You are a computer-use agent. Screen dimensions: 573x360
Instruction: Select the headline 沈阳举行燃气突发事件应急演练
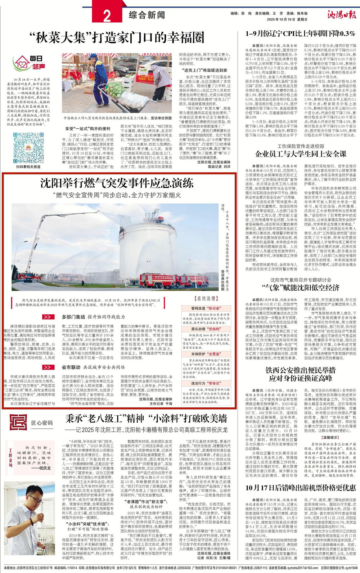tap(117, 183)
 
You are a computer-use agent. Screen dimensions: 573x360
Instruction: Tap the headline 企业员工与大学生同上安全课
tap(301, 154)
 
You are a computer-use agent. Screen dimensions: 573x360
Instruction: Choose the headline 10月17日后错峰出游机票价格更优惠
tap(301, 488)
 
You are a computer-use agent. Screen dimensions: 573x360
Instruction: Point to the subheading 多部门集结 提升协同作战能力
tap(93, 317)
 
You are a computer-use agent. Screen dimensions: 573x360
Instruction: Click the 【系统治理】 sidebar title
tap(206, 299)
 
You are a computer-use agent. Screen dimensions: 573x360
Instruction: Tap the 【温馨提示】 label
tap(330, 438)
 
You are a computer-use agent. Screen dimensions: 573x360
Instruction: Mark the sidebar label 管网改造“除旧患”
tap(206, 308)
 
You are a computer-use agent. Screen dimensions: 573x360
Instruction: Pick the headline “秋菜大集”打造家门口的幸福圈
tap(117, 37)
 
